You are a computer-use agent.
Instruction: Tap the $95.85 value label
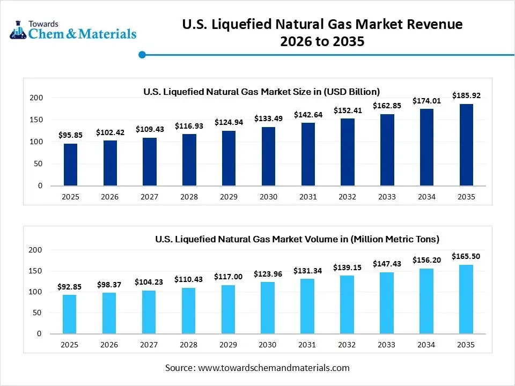(x=70, y=136)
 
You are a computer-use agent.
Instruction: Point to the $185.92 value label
(x=466, y=95)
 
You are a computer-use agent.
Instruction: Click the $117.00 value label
(x=229, y=277)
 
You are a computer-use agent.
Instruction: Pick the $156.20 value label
(x=426, y=260)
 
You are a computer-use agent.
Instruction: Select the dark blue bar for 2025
(x=70, y=165)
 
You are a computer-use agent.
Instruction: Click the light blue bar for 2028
(x=189, y=310)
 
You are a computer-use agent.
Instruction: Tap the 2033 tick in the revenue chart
(x=387, y=197)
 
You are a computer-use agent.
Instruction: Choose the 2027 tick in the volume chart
(x=149, y=345)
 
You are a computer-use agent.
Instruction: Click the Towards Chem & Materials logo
(x=73, y=31)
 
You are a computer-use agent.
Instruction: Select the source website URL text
(x=274, y=368)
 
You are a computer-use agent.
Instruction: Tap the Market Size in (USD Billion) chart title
(x=261, y=91)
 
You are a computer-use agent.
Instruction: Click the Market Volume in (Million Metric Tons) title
(x=297, y=239)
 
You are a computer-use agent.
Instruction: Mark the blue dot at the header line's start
(x=142, y=54)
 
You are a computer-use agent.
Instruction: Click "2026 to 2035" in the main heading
(x=322, y=41)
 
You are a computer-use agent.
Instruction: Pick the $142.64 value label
(x=308, y=114)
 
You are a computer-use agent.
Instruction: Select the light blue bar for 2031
(x=308, y=306)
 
